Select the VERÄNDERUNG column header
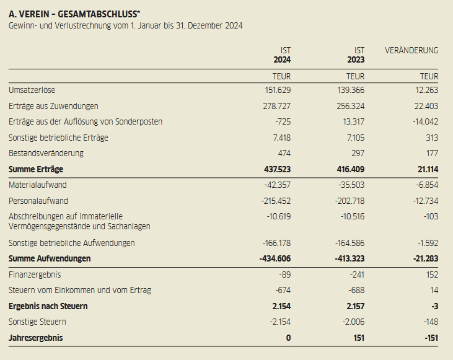pos(411,50)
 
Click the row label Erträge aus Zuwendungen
pos(53,106)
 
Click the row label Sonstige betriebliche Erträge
pos(58,138)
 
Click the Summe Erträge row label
pos(36,169)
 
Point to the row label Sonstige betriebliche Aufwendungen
pos(71,243)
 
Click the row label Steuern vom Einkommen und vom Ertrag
pos(80,290)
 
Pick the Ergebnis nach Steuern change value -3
pos(433,306)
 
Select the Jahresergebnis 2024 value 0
pos(288,338)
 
